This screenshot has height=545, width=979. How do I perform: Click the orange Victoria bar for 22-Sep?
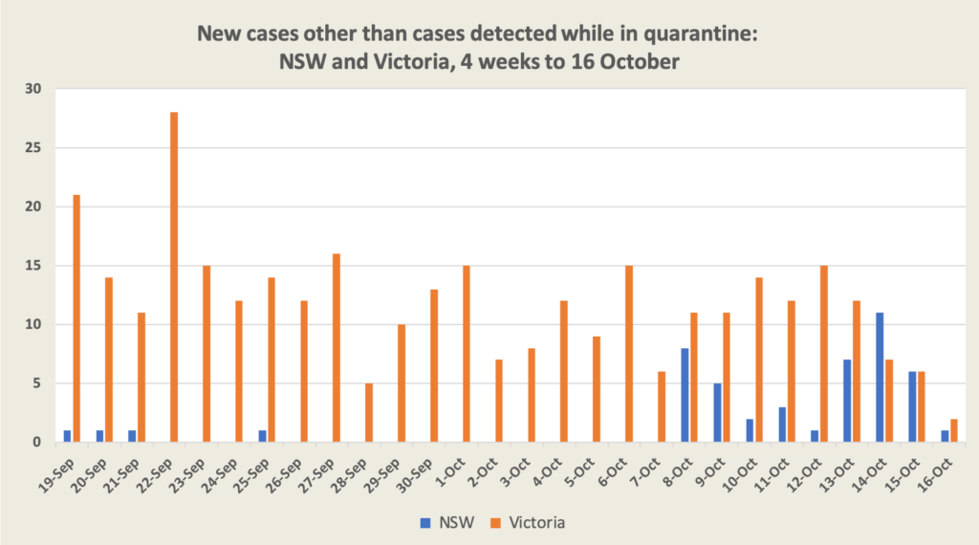[x=174, y=277]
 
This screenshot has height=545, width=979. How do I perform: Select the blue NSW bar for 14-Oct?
[x=880, y=378]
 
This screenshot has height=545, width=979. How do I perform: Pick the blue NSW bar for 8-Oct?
[x=685, y=395]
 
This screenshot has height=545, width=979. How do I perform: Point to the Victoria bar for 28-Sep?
[x=369, y=413]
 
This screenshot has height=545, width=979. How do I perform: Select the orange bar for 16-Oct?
[x=954, y=431]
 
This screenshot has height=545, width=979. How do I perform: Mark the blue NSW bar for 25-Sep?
[x=262, y=437]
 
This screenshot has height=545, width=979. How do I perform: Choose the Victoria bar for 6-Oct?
[x=629, y=354]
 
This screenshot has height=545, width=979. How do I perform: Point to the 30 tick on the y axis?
[x=35, y=89]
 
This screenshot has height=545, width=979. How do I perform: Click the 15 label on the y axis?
[x=35, y=266]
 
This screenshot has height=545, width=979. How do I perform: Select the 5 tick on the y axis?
[x=39, y=383]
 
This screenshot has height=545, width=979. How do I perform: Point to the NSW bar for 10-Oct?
[x=750, y=430]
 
